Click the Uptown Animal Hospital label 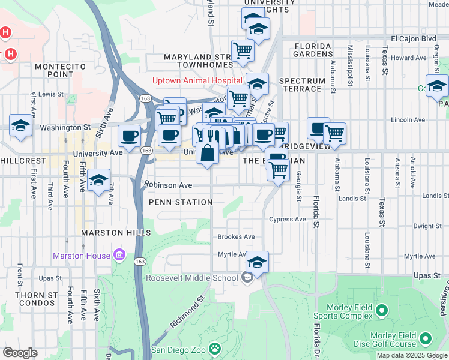197,80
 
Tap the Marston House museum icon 119,256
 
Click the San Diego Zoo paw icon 214,349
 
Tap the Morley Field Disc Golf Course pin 426,339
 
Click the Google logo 20,352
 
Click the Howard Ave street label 409,58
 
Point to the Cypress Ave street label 288,220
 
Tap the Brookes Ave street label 236,237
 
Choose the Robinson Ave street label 167,185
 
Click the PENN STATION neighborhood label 181,202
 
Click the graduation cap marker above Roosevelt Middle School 257,262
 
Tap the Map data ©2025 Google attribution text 412,355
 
